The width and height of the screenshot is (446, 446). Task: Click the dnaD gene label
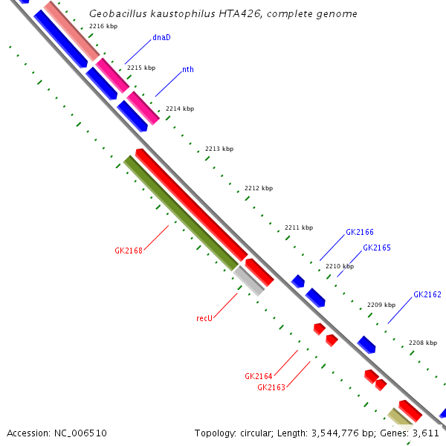click(x=161, y=36)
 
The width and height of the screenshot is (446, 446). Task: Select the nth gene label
click(x=188, y=70)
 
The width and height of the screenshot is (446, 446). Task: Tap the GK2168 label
click(x=129, y=251)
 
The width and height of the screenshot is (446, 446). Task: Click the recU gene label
click(x=204, y=318)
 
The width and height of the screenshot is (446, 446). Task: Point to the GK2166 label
click(x=360, y=233)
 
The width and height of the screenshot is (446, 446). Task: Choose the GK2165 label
click(x=377, y=248)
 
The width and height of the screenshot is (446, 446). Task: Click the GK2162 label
click(x=427, y=294)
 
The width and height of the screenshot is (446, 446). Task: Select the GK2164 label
click(x=259, y=376)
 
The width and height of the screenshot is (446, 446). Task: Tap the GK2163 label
click(x=271, y=387)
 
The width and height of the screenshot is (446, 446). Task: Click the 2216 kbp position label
click(x=103, y=26)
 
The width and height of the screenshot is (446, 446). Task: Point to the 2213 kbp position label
click(x=219, y=149)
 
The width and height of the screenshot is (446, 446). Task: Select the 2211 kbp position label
click(x=299, y=227)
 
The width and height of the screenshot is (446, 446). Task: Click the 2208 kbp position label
click(x=423, y=343)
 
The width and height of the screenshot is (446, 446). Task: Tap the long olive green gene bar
click(x=181, y=213)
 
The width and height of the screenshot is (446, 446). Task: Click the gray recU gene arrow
click(x=249, y=281)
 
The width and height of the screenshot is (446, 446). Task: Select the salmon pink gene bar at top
click(x=71, y=30)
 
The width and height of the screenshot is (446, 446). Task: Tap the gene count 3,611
click(x=429, y=433)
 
